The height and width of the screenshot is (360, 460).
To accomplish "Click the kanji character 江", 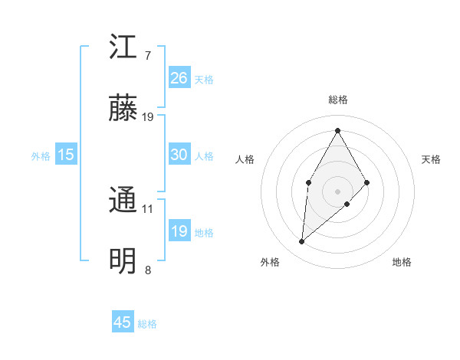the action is [x=123, y=47].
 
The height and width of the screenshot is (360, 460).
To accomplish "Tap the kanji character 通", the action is [x=123, y=201].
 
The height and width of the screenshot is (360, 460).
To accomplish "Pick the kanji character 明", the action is [x=123, y=262].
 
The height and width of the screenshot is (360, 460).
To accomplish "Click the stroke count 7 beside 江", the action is [x=148, y=56].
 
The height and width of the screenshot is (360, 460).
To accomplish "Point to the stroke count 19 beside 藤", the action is [x=148, y=117].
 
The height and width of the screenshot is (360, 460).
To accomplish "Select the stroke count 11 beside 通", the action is [x=148, y=208].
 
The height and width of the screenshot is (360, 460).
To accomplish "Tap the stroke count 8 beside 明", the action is [x=148, y=270].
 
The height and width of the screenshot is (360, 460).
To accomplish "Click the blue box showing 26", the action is [x=179, y=77].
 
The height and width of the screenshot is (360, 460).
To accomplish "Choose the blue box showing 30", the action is [x=179, y=154].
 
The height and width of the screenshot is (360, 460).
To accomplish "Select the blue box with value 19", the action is [x=179, y=231].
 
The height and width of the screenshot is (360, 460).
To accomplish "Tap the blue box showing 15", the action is [x=66, y=154].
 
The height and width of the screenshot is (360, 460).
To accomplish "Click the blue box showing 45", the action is [x=123, y=322].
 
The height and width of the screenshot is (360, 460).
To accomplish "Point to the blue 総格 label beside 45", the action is [x=148, y=324].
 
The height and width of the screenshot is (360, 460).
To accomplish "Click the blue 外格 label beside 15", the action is [x=41, y=155].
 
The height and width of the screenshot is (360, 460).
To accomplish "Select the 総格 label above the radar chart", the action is [x=337, y=100].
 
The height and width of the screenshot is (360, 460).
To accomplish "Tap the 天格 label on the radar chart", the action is [x=431, y=159].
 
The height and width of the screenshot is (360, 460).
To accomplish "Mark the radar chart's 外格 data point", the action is [x=302, y=242].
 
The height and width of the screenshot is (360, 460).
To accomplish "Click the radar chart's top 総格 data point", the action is [x=337, y=129].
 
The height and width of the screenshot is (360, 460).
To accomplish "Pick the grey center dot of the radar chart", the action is [x=337, y=191].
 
